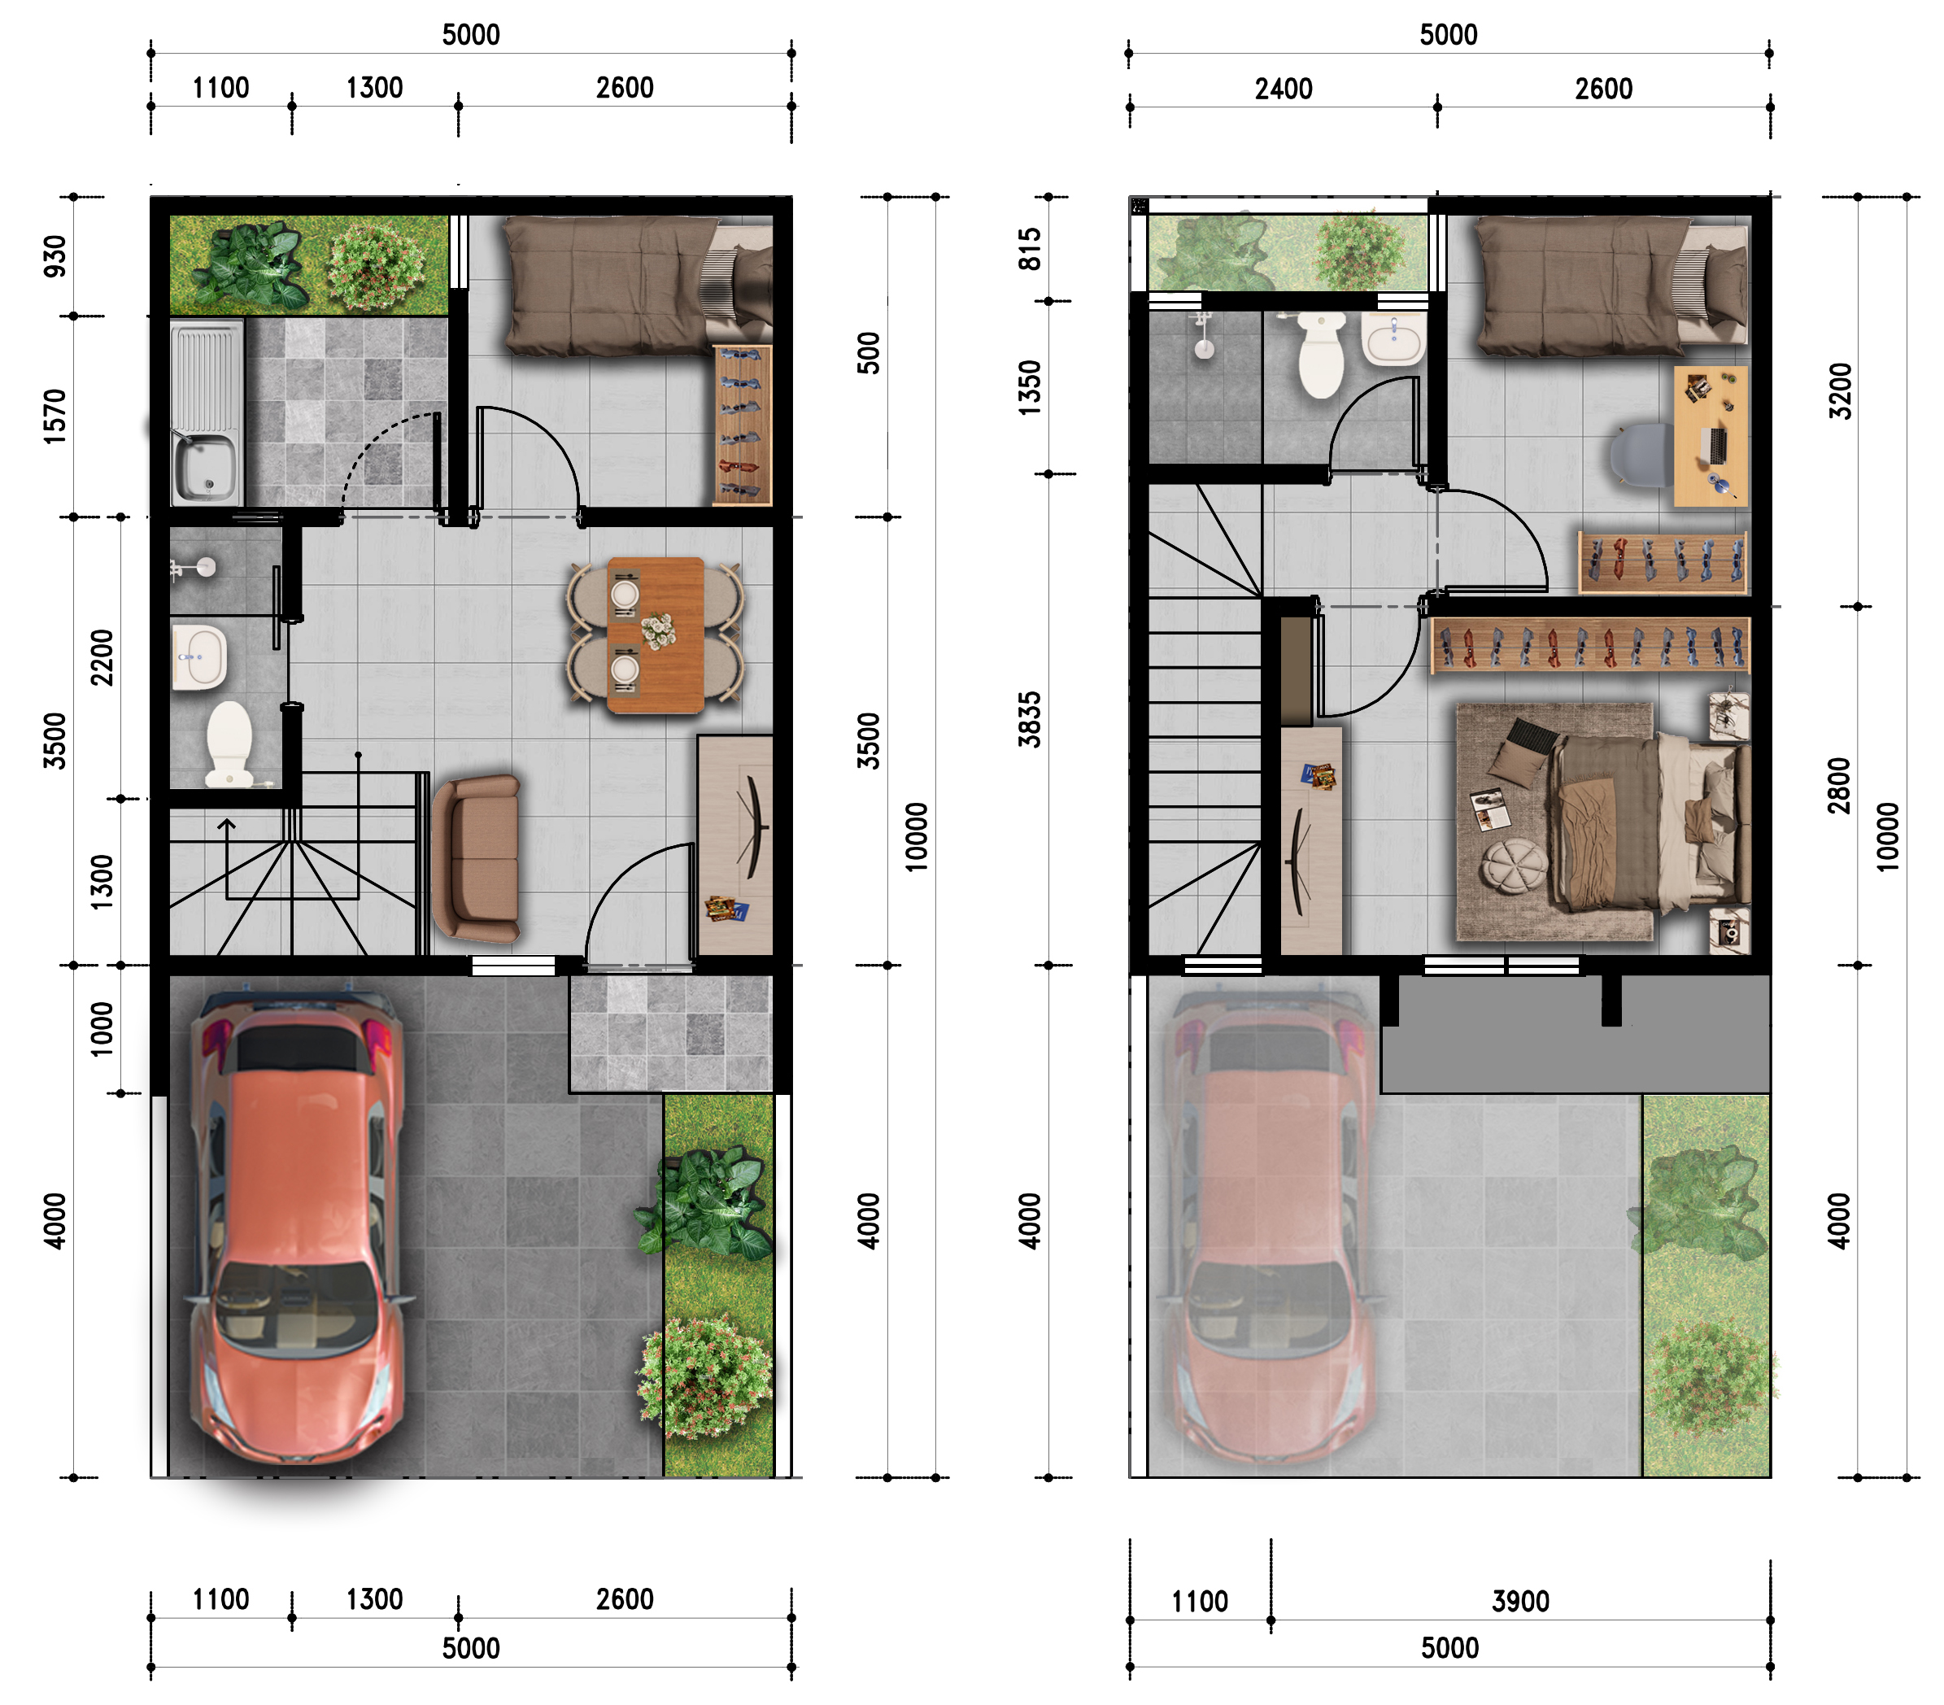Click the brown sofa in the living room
coord(477,857)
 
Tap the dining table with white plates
coord(656,634)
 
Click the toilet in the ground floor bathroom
coord(229,744)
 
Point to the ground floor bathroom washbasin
coord(200,656)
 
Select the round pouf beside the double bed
coord(1514,865)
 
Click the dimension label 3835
coord(1030,719)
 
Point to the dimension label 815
coord(1030,249)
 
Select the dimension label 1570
coord(56,416)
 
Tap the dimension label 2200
coord(102,657)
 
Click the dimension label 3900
coord(1521,1602)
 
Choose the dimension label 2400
coord(1284,89)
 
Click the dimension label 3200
coord(1841,390)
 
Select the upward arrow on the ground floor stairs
coord(226,859)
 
